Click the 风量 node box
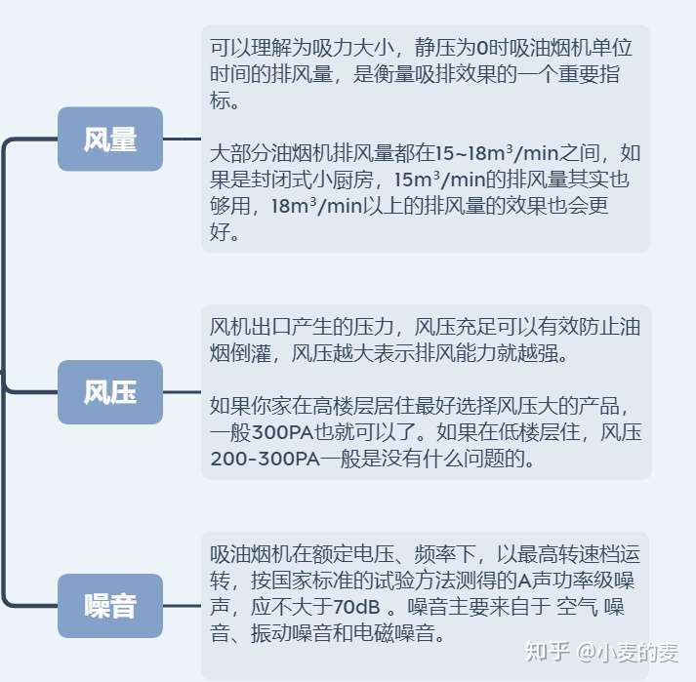point(109,140)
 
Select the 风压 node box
point(109,392)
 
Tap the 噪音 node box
point(109,606)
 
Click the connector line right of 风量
point(182,140)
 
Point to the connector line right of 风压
point(182,392)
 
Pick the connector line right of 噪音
point(182,606)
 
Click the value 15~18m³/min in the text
point(483,153)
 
